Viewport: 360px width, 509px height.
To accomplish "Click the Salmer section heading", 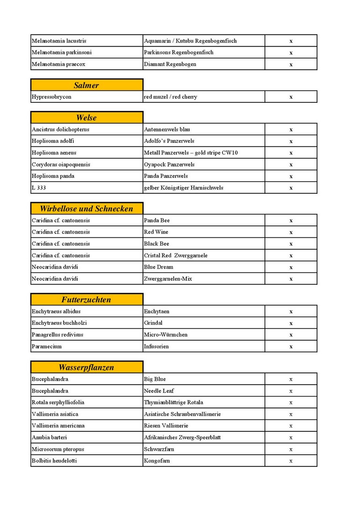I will (x=87, y=85).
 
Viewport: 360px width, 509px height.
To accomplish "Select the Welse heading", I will (x=87, y=117).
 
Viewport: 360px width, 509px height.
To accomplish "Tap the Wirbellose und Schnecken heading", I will (x=87, y=209).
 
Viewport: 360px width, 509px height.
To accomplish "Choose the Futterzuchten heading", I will (x=87, y=299).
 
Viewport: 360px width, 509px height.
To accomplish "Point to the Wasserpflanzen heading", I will (x=87, y=367).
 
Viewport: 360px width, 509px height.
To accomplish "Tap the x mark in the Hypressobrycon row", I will (x=291, y=97).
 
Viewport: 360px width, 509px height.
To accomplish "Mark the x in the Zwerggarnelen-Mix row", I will (x=291, y=279).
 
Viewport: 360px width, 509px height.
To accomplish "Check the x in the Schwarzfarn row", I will (x=291, y=449).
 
